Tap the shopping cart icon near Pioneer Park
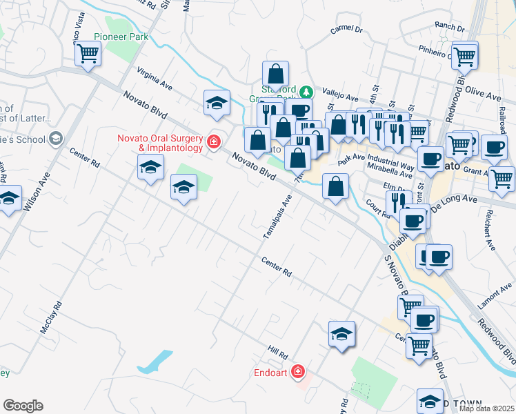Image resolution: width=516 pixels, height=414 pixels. pyautogui.click(x=88, y=53)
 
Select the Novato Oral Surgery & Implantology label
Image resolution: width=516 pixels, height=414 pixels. pyautogui.click(x=160, y=142)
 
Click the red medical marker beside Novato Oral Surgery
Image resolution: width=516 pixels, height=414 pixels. pyautogui.click(x=214, y=142)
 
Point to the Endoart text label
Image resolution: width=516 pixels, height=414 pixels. pyautogui.click(x=270, y=373)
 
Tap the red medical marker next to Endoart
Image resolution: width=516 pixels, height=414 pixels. pyautogui.click(x=298, y=373)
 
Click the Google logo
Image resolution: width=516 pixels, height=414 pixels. pyautogui.click(x=23, y=406)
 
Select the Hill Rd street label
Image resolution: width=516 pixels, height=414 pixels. pyautogui.click(x=278, y=353)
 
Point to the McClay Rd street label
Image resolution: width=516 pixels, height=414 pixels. pyautogui.click(x=51, y=317)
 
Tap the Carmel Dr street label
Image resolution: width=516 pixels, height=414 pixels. pyautogui.click(x=346, y=30)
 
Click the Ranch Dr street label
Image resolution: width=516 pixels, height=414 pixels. pyautogui.click(x=450, y=26)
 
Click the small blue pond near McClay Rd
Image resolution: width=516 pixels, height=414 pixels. pyautogui.click(x=157, y=359)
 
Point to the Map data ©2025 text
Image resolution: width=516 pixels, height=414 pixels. pyautogui.click(x=486, y=408)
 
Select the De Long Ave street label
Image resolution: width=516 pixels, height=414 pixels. pyautogui.click(x=454, y=199)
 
